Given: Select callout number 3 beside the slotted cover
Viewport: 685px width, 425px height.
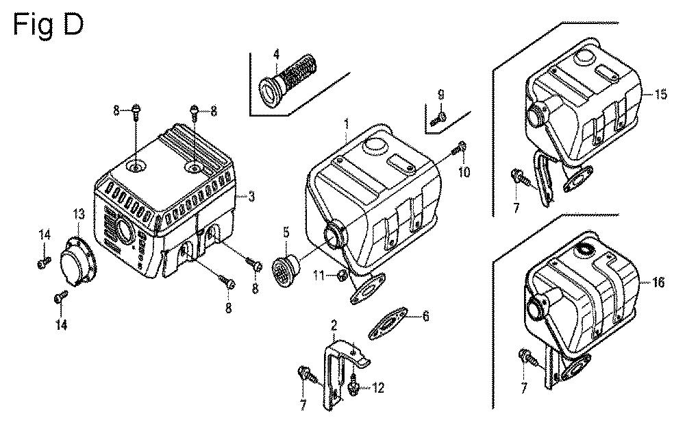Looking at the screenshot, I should coord(251,197).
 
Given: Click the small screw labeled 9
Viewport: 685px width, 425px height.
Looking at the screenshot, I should coord(438,119).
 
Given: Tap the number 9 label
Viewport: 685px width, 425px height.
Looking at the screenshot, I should coord(441,94).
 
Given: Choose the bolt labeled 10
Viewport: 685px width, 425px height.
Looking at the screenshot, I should coord(461,147).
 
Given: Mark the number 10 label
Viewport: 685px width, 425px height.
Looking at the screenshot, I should coord(464,172).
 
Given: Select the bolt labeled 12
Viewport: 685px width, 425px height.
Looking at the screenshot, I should coord(354,387).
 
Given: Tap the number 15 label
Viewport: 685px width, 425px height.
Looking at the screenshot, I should coord(660,95).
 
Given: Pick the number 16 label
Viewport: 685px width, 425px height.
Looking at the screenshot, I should coord(658,282).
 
